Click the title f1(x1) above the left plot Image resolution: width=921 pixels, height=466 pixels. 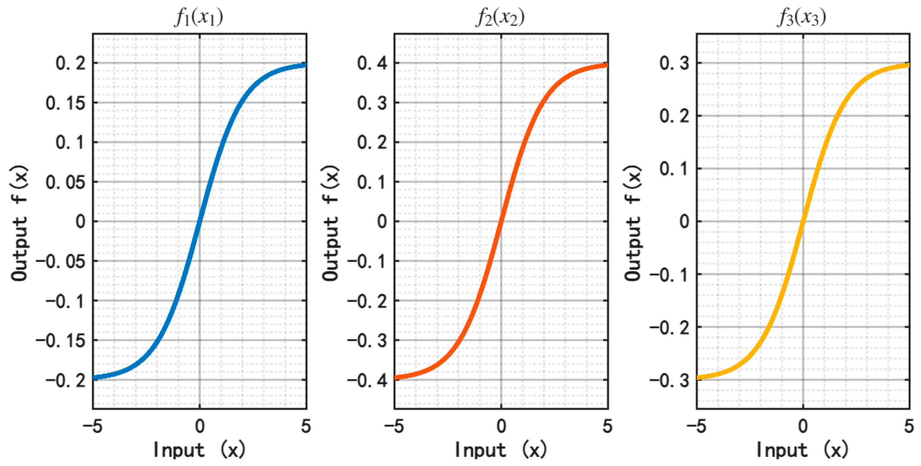(x=199, y=17)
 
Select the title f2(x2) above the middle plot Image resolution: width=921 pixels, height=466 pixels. (x=500, y=17)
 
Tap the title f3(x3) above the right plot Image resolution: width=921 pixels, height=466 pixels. (x=802, y=17)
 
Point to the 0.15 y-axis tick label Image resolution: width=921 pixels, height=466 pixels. (x=66, y=103)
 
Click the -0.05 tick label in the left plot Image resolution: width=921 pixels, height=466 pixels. (x=61, y=262)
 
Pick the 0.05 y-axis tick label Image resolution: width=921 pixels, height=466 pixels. (x=66, y=182)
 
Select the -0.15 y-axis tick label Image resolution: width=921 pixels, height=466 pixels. (x=61, y=341)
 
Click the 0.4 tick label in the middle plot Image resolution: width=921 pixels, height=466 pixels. (x=372, y=63)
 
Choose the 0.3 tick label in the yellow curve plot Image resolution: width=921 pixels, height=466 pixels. (x=674, y=63)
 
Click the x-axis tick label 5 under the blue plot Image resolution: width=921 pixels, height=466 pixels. (x=306, y=426)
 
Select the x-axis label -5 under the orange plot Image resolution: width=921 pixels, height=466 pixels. (x=394, y=426)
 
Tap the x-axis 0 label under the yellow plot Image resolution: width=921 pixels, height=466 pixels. (x=803, y=426)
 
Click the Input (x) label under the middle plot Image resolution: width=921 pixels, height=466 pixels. (x=500, y=450)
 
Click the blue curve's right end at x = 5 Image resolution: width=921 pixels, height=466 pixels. (x=305, y=65)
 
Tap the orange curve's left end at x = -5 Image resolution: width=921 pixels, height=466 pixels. (x=396, y=377)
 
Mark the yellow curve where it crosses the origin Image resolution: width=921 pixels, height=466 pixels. (x=803, y=221)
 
